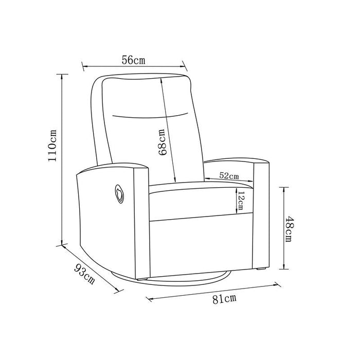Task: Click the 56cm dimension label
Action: coord(133,60)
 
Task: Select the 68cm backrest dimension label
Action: coord(162,142)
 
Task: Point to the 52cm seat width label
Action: coord(229,175)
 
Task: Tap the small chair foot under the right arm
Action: coord(260,268)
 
